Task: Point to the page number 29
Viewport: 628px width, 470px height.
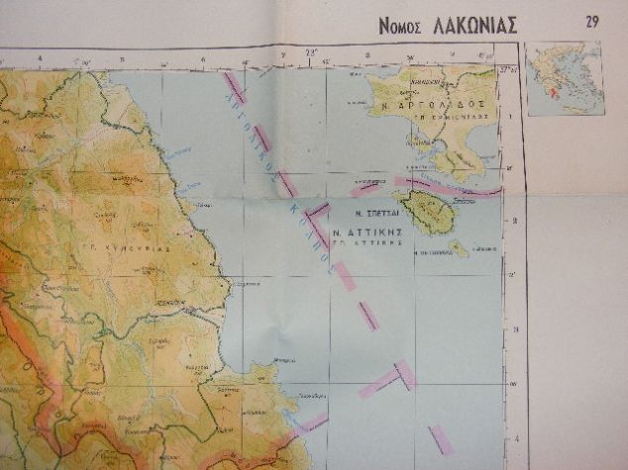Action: (592, 22)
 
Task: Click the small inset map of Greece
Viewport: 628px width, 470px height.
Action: (565, 79)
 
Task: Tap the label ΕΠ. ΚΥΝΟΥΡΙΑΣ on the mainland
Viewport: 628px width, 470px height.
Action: (136, 248)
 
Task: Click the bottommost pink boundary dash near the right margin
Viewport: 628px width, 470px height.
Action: (440, 439)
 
